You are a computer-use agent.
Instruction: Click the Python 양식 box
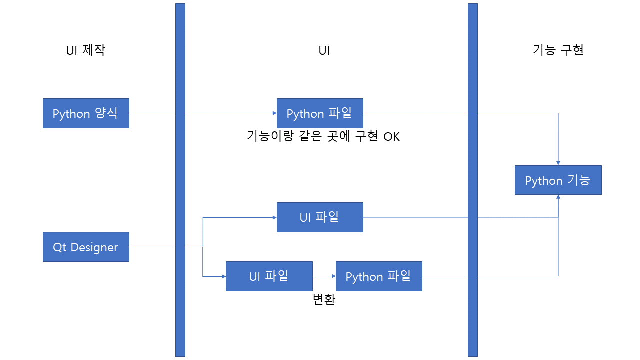[86, 113]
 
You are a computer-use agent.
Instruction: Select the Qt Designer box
[86, 247]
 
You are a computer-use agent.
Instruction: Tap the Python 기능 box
[558, 180]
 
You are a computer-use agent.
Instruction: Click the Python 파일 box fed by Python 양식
[320, 113]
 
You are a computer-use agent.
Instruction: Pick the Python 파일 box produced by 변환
[379, 276]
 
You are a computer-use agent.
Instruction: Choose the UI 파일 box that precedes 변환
[269, 276]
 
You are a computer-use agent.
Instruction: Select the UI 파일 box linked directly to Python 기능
[320, 217]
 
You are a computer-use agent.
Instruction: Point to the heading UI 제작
[86, 50]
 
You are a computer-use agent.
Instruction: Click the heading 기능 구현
[558, 50]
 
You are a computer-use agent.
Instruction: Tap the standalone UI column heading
[324, 51]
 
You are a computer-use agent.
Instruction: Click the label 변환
[324, 300]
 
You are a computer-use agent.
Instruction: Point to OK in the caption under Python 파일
[392, 136]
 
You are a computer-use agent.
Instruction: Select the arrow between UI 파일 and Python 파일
[324, 276]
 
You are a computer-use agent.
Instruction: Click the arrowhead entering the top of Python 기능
[558, 163]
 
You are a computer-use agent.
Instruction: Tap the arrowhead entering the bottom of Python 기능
[558, 197]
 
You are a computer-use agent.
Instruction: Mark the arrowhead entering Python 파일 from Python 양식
[274, 113]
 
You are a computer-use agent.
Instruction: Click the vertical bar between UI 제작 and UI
[180, 180]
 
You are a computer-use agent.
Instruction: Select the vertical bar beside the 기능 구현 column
[472, 180]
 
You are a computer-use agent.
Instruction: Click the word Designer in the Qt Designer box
[94, 247]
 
